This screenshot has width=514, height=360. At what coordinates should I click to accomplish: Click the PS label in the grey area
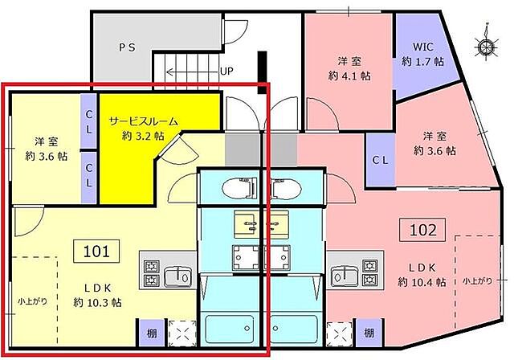click(x=127, y=47)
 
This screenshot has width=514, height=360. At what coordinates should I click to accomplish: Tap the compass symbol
click(x=486, y=46)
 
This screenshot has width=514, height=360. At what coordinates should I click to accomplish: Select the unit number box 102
click(x=425, y=231)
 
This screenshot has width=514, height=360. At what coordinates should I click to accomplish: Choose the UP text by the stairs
click(x=226, y=71)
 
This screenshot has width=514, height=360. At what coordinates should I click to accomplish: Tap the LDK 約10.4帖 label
click(x=422, y=274)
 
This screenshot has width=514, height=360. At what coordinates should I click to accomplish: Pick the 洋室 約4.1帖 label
click(x=353, y=68)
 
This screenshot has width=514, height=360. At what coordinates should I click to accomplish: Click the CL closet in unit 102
click(x=381, y=158)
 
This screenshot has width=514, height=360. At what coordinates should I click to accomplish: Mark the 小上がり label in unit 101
click(x=31, y=302)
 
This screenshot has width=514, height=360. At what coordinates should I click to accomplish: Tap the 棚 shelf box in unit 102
click(x=368, y=331)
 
